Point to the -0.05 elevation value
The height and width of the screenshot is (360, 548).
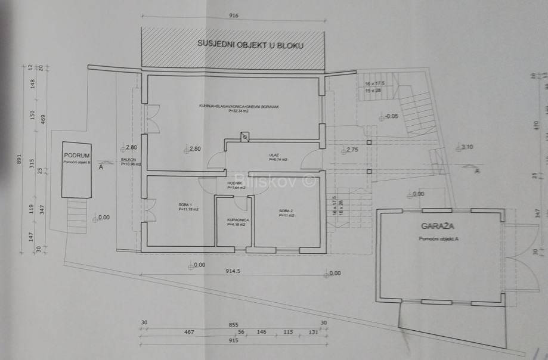point(392,116)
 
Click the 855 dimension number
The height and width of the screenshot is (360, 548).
point(234,325)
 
